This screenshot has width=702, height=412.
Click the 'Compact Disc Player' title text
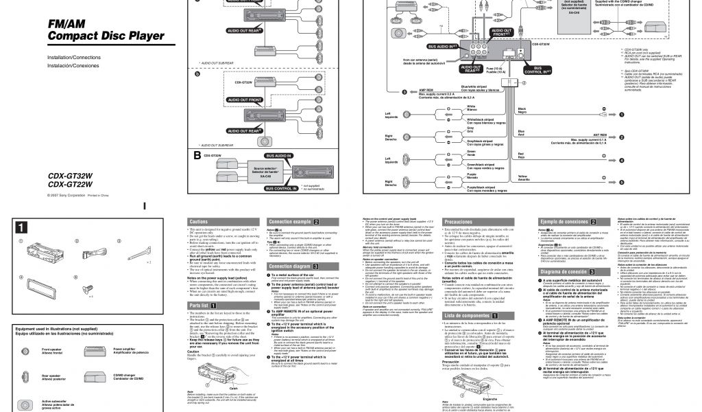click(x=105, y=36)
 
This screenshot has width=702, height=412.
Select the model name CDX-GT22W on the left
click(x=71, y=185)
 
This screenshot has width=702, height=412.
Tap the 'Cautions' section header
click(x=199, y=222)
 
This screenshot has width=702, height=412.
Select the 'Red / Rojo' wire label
click(x=522, y=156)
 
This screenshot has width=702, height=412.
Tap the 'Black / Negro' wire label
click(x=522, y=111)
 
